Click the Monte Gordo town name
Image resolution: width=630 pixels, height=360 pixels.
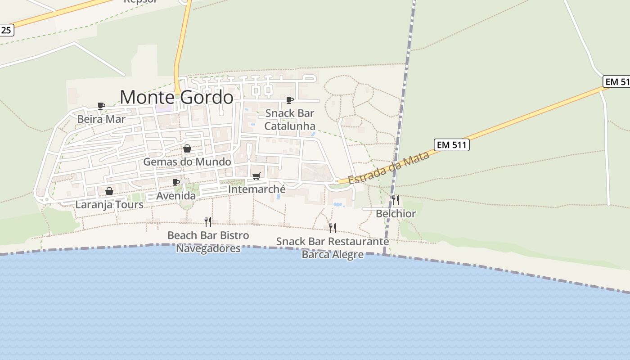[x=176, y=97]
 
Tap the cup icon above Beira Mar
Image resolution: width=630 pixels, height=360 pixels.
[x=101, y=106]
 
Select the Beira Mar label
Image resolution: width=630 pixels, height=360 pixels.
[x=101, y=119]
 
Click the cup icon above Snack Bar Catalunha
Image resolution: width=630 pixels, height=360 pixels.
[x=290, y=99]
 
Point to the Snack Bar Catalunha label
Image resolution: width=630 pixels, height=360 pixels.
[x=290, y=119]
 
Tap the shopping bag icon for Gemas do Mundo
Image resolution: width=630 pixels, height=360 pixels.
[x=187, y=148]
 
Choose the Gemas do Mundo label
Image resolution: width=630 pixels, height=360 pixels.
[x=187, y=162]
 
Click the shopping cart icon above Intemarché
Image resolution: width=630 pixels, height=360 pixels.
[x=256, y=176]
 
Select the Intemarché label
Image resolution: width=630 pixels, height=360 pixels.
[x=256, y=189]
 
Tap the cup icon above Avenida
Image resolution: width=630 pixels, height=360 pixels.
[x=176, y=182]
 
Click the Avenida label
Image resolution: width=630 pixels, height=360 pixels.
[x=176, y=196]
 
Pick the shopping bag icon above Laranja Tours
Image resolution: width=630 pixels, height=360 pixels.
[x=109, y=191]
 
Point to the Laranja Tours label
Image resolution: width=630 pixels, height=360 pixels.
[x=109, y=204]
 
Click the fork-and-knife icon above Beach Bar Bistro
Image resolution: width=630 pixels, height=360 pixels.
[x=208, y=221]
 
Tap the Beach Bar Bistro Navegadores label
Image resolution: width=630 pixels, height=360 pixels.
[x=208, y=242]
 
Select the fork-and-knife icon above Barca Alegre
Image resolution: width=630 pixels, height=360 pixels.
[x=333, y=228]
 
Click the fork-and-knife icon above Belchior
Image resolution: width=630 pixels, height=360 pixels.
[x=396, y=200]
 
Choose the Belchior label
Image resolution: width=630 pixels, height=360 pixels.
[x=396, y=213]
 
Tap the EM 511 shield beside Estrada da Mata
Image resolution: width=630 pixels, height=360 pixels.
[x=451, y=144]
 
